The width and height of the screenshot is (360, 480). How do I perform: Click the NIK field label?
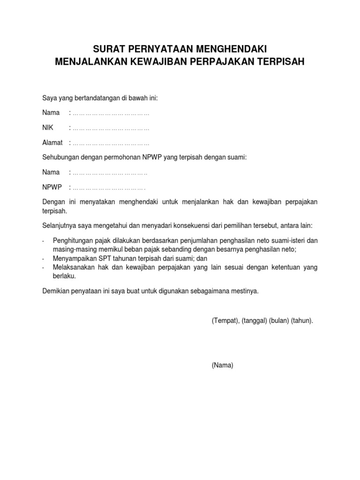point(48,127)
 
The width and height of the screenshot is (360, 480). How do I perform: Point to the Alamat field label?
point(52,142)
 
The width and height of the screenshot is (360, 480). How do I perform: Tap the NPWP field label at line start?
point(52,187)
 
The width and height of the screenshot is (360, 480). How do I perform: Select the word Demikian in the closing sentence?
point(56,291)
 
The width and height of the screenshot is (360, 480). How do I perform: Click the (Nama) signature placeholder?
point(222,366)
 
